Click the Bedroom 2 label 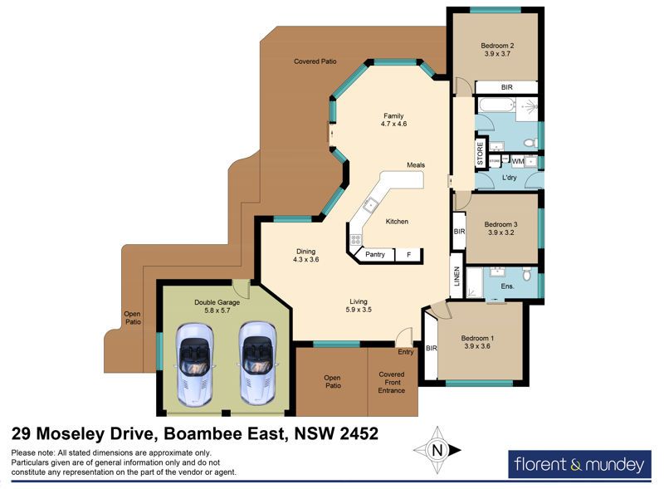point(497,46)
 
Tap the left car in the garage point(194,364)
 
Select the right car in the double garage point(257,364)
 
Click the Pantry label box point(375,255)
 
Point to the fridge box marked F point(408,255)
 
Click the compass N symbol point(437,450)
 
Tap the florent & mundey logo point(579,464)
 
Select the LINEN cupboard point(456,276)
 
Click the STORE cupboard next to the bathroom point(481,153)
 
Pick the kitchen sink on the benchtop point(370,205)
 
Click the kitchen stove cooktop point(355,240)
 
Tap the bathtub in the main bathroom point(496,105)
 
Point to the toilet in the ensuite point(527,274)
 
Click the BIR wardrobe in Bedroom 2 point(506,87)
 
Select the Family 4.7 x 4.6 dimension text point(393,125)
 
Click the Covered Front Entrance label point(392,382)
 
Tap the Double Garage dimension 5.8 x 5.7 point(217,311)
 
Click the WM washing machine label point(517,161)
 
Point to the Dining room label point(305,252)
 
